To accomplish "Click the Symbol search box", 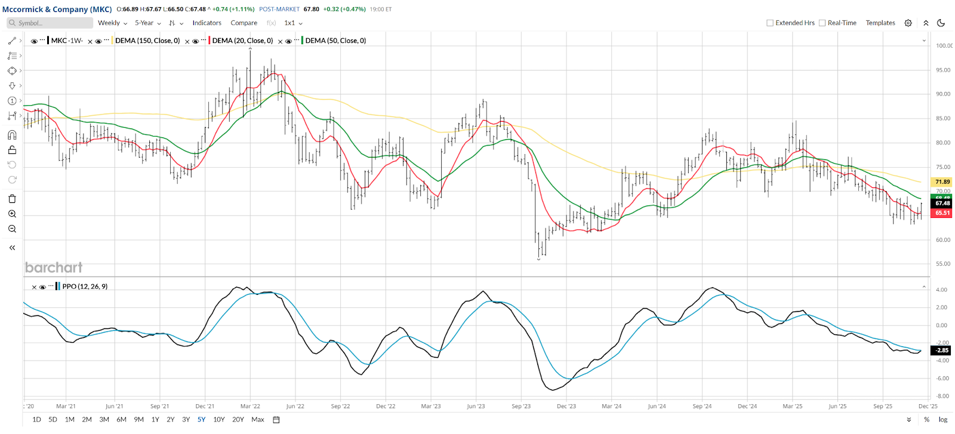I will coord(51,23).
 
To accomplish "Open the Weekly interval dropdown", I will coord(112,23).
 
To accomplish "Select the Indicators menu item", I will coord(207,23).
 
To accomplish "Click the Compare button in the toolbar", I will coord(244,23).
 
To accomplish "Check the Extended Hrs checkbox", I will coord(770,23).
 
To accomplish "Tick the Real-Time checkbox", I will coord(822,23).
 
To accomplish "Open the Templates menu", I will coord(880,23).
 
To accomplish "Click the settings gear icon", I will coord(908,23).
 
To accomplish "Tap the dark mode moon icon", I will coord(941,23).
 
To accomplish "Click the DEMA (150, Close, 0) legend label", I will coord(147,41).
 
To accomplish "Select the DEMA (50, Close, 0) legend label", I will coord(335,41).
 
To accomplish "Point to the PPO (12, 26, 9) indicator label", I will coord(85,287).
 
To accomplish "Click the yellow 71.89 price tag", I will coord(942,182).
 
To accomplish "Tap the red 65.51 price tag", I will coord(942,213).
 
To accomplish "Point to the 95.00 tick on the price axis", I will coord(942,70).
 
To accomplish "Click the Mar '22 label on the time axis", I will coord(250,407).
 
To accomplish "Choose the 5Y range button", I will coord(201,420).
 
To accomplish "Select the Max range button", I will coord(258,420).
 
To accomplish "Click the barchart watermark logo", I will coord(54,267).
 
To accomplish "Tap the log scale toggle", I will coord(943,420).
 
